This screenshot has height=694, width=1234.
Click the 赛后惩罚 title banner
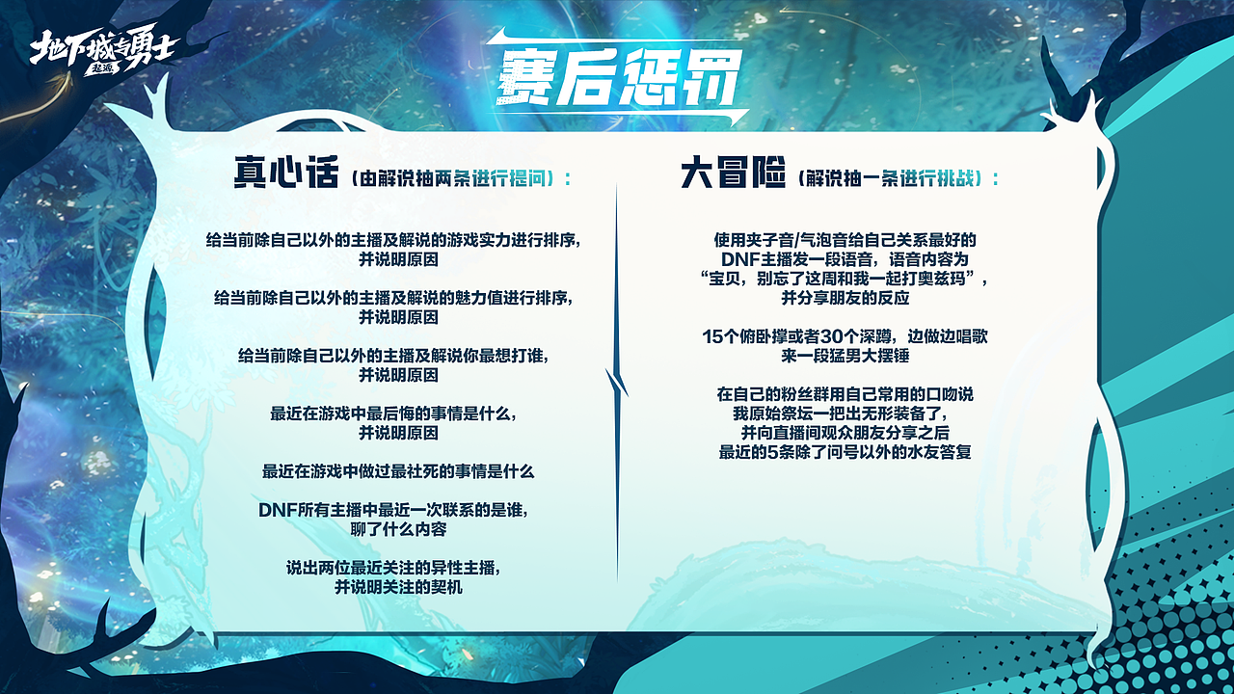coord(618,77)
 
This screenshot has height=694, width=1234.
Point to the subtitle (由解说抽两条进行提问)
coord(462,179)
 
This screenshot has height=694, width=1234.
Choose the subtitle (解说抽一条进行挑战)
coord(900,179)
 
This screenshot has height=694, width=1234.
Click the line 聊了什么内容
coord(398,529)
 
